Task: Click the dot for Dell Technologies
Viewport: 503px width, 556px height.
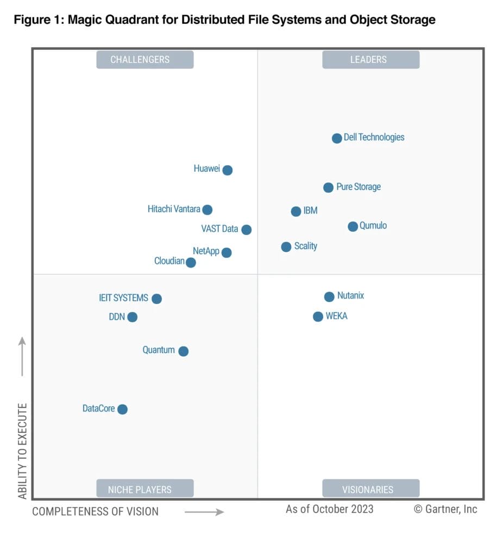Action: point(337,138)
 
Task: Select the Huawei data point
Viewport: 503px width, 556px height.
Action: point(228,170)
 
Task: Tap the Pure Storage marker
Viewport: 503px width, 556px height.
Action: point(328,187)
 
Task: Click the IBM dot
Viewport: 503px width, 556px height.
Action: point(296,211)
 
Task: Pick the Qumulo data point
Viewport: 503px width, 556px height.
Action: point(353,226)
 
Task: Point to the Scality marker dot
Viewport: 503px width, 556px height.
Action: point(286,247)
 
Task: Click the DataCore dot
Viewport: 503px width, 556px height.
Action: point(123,409)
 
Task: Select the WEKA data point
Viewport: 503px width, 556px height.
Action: point(318,317)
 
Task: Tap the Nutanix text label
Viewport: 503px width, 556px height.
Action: point(350,296)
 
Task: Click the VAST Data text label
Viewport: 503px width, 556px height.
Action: point(219,229)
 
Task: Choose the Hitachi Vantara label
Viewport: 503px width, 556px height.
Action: point(174,209)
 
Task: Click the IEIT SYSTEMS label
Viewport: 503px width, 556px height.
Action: point(123,298)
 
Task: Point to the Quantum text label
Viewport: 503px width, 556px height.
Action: point(159,350)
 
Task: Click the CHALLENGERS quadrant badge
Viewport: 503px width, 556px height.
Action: point(145,60)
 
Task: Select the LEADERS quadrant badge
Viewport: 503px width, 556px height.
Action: point(370,60)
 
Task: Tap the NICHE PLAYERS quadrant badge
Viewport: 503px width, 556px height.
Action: point(145,489)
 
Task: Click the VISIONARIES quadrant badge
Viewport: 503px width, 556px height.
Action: point(370,489)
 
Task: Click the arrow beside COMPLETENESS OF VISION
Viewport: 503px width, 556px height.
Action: point(204,511)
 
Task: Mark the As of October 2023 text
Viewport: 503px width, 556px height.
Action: point(330,509)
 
